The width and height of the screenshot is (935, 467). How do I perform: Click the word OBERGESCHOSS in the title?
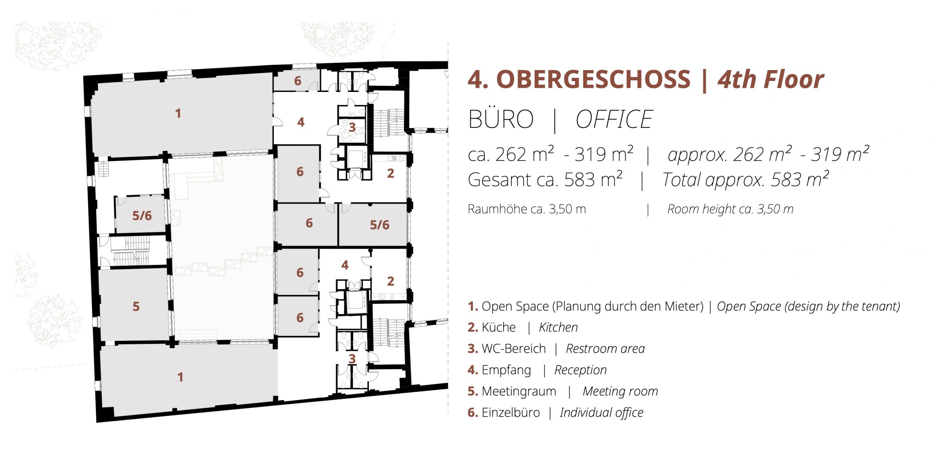coord(593,80)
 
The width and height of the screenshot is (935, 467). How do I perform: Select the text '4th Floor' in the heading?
coord(771,80)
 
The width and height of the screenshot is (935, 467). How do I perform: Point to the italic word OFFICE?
coord(614,119)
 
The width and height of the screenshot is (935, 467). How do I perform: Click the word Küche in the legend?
coord(499,327)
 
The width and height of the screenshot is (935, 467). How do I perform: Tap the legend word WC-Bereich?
coord(514,348)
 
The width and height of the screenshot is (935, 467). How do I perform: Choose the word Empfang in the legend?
coord(506,370)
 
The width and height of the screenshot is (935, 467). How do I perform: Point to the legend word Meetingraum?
coord(519,391)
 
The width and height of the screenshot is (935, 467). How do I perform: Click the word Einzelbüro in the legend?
coord(511,413)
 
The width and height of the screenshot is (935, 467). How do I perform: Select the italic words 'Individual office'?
coord(602,413)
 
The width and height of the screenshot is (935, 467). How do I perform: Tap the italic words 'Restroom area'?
coord(605,349)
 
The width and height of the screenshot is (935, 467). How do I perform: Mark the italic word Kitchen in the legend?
coord(558,327)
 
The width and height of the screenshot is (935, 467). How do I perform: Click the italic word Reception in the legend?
coord(580,370)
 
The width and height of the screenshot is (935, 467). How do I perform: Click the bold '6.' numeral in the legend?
coord(473,413)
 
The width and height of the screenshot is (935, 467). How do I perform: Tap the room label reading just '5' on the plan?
coord(136,306)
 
